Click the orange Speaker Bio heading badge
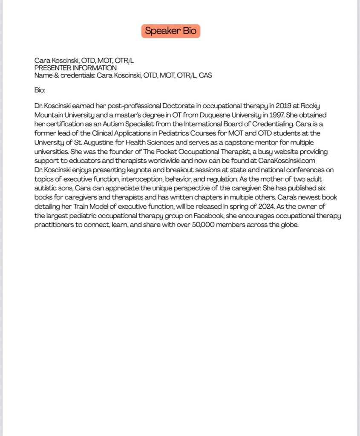(x=170, y=31)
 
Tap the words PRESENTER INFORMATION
(x=75, y=68)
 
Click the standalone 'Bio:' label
(x=40, y=90)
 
